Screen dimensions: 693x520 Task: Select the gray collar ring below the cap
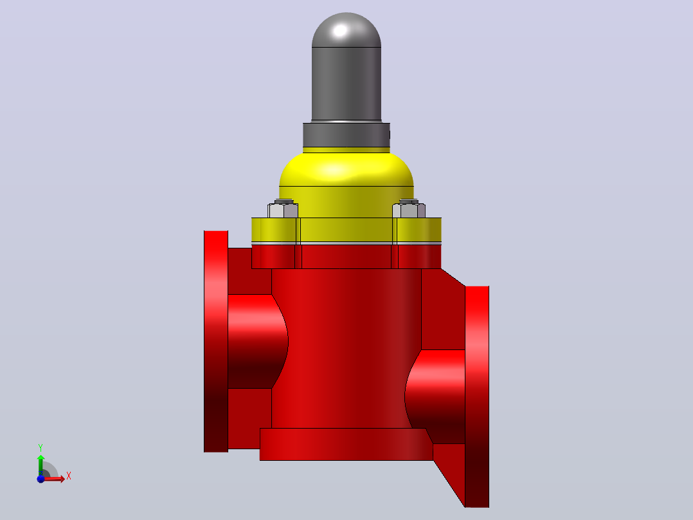346,135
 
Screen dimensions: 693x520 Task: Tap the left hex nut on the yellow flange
283,209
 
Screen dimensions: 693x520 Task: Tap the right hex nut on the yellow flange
409,209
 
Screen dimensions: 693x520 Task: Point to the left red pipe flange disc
216,341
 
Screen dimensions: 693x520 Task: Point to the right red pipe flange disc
477,396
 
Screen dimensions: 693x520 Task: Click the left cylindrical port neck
256,341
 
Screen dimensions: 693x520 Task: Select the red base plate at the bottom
346,444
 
